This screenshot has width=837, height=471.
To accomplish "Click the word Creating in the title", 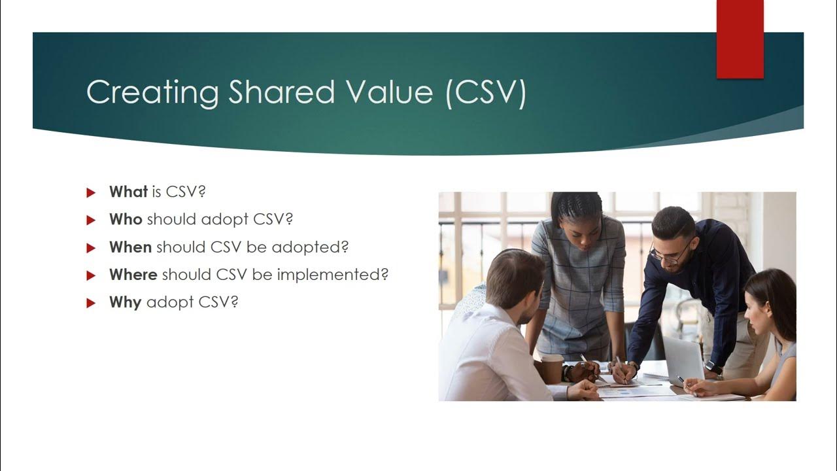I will click(x=152, y=92).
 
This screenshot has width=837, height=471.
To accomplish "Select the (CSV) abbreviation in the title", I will click(x=485, y=92).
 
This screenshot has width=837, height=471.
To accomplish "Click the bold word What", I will click(x=128, y=192).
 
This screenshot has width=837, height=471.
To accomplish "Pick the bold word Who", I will click(x=126, y=219).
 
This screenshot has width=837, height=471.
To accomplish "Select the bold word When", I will click(x=130, y=247).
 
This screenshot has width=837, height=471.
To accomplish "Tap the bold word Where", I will click(x=133, y=275).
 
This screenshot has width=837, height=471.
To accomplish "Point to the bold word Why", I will click(x=125, y=303).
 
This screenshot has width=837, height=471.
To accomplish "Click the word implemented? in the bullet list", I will click(x=333, y=275).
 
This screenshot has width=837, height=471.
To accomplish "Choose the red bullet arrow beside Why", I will click(x=91, y=303).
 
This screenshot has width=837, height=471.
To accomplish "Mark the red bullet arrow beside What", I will click(x=91, y=192).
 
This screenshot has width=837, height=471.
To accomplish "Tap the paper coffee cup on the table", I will click(x=551, y=368).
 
